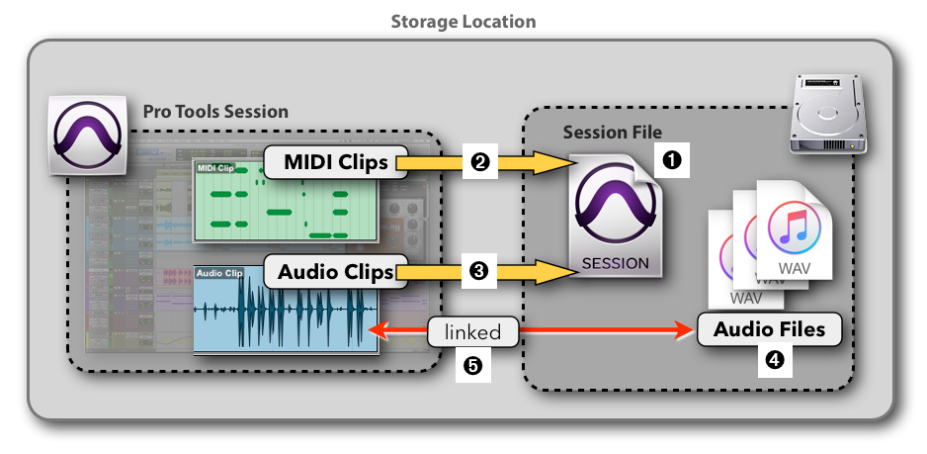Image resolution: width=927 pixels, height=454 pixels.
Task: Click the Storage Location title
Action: [463, 21]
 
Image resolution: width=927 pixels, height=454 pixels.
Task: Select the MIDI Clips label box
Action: [335, 162]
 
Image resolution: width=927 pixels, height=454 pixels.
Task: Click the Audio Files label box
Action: [769, 329]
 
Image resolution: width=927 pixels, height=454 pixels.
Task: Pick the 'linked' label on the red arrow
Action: [472, 333]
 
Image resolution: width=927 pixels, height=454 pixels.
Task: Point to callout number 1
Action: [671, 159]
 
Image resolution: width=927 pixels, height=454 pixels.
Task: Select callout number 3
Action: [480, 271]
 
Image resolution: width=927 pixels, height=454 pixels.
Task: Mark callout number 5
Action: [472, 365]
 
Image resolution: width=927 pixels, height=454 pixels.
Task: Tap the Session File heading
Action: [612, 133]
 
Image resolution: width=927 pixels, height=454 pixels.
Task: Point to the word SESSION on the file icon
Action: [615, 263]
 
